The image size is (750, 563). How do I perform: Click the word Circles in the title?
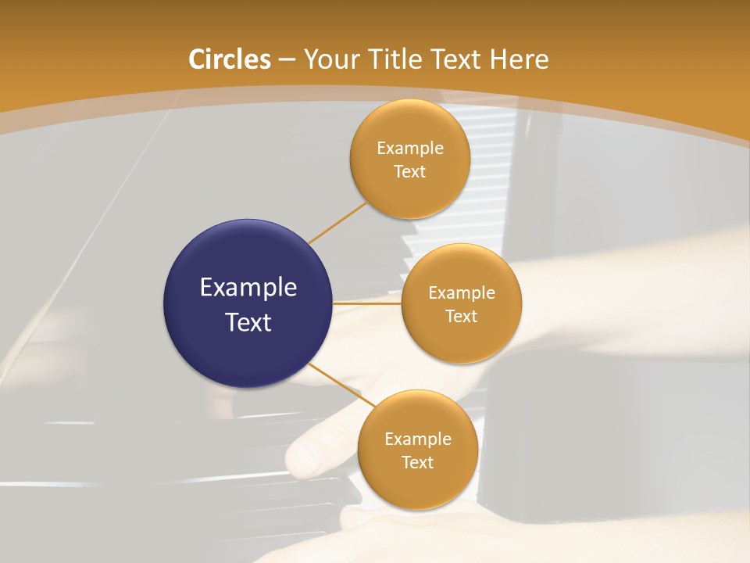(x=230, y=59)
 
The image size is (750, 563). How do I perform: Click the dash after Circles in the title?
(x=287, y=60)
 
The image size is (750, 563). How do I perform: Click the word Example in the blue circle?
(x=248, y=288)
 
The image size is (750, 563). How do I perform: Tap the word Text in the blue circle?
(x=248, y=322)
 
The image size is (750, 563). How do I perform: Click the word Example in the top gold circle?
(x=410, y=148)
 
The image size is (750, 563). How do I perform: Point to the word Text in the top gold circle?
(x=410, y=172)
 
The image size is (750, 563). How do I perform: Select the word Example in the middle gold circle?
(x=462, y=292)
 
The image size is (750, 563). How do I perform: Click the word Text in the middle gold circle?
(x=462, y=317)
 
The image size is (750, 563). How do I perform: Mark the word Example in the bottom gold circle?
(x=418, y=439)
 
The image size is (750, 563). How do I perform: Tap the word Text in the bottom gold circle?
(x=418, y=463)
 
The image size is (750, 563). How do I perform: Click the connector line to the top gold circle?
(x=337, y=223)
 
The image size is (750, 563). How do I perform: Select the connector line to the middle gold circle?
(x=367, y=303)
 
